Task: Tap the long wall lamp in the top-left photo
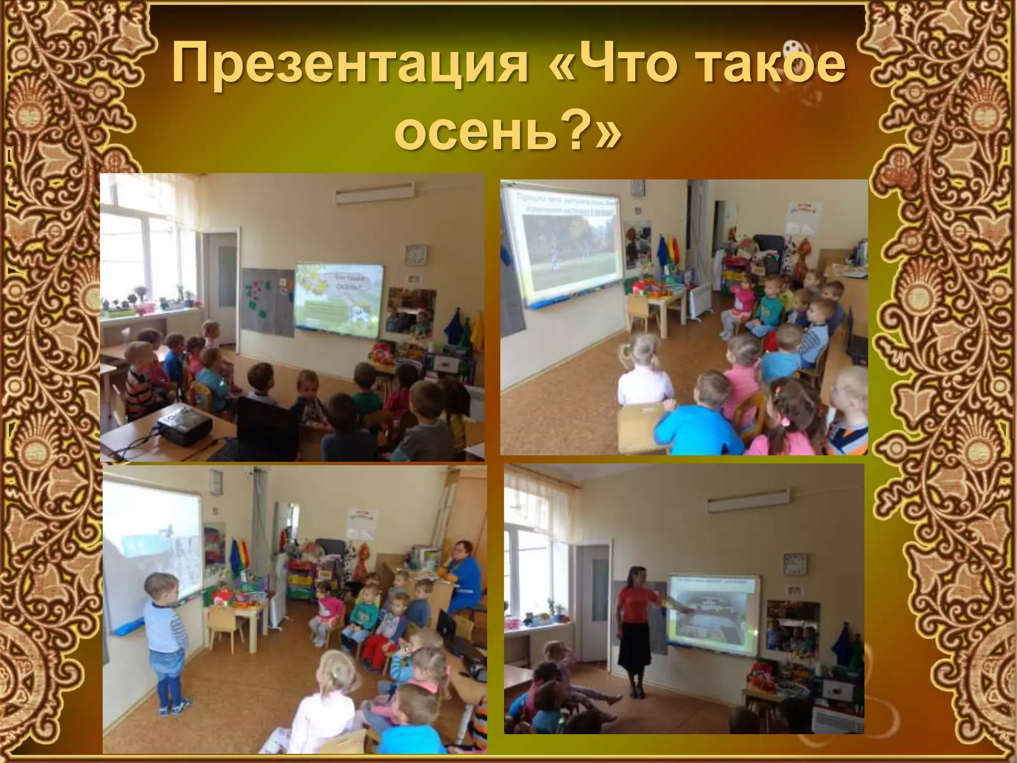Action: click(x=374, y=195)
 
